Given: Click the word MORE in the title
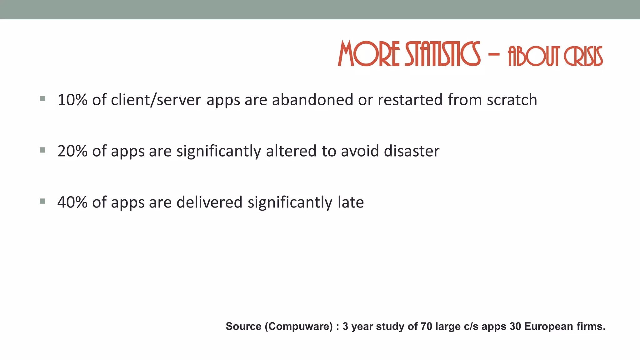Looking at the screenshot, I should pyautogui.click(x=369, y=54).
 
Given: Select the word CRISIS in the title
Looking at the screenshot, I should pyautogui.click(x=583, y=57).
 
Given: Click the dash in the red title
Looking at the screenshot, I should pyautogui.click(x=494, y=54).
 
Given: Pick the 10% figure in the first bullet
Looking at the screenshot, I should pyautogui.click(x=72, y=100).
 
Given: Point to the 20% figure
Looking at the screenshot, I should pyautogui.click(x=72, y=151).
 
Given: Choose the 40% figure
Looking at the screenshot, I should pyautogui.click(x=72, y=202).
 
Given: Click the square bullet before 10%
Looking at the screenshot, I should pyautogui.click(x=43, y=99).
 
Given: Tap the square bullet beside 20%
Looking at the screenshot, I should pyautogui.click(x=43, y=150).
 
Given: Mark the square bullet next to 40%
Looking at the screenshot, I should pyautogui.click(x=43, y=201).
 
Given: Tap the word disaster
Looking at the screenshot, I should pyautogui.click(x=412, y=151).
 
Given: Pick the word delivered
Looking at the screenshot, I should pyautogui.click(x=209, y=202).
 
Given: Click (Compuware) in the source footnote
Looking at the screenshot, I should pyautogui.click(x=299, y=326).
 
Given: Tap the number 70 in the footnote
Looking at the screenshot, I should pyautogui.click(x=426, y=326).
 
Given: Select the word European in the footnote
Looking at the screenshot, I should pyautogui.click(x=548, y=326).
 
